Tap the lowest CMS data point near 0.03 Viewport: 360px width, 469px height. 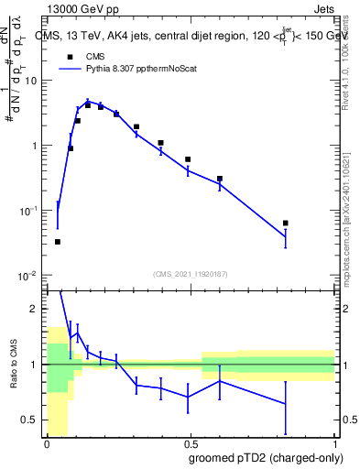tap(58, 242)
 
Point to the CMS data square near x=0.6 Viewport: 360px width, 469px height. tap(220, 179)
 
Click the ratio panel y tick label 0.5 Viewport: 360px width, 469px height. tap(31, 420)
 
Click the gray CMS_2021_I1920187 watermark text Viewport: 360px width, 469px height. tap(191, 274)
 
